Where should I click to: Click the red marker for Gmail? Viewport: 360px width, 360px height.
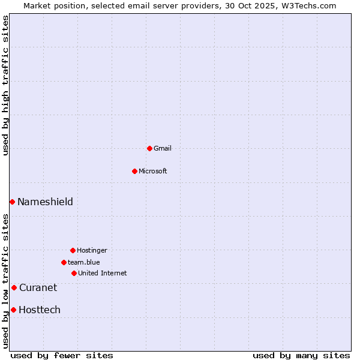[149, 148]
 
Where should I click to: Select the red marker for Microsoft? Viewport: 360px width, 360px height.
[134, 171]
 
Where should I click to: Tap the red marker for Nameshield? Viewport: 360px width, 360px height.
[12, 202]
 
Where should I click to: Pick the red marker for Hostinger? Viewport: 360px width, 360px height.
[73, 250]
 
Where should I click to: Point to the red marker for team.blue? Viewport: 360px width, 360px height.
[64, 262]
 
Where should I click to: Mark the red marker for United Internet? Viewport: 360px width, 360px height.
[74, 273]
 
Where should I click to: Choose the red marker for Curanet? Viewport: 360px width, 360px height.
[14, 287]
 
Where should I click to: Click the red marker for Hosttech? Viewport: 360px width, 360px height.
[13, 310]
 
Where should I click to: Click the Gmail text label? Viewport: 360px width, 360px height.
[163, 148]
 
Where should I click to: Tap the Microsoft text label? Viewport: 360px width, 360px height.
[153, 171]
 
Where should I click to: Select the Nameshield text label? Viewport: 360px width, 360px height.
[45, 202]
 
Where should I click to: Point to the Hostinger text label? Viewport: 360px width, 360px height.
[92, 250]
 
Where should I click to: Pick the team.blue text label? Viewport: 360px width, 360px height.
[84, 262]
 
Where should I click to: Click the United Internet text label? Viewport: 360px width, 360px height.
[103, 273]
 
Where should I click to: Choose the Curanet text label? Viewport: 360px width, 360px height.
[38, 287]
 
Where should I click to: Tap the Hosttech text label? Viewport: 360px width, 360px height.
[40, 310]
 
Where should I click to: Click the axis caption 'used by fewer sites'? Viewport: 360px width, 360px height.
[62, 355]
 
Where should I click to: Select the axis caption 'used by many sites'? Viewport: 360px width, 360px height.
[301, 355]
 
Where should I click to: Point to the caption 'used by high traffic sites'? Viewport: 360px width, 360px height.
[6, 85]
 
